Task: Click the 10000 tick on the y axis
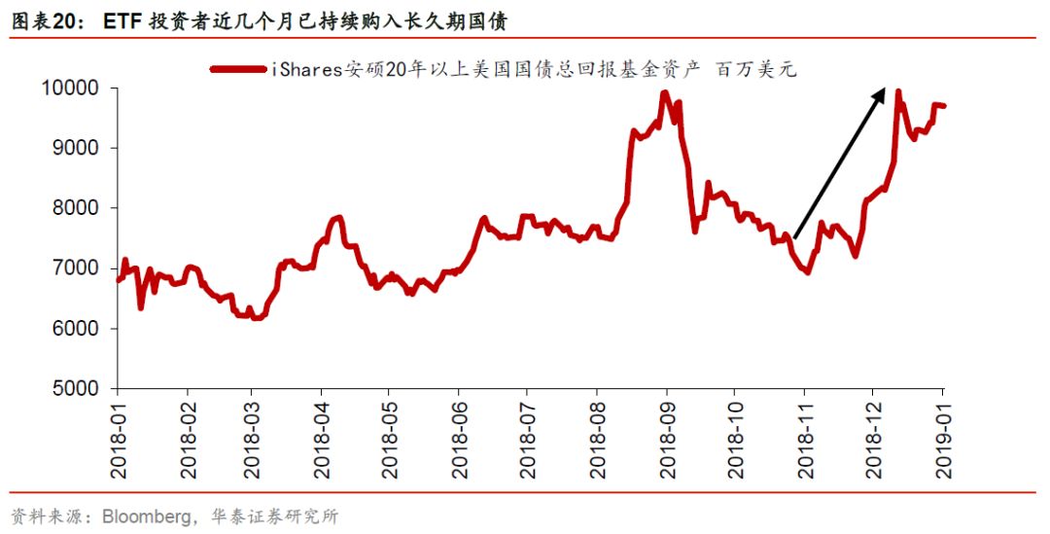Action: pos(71,89)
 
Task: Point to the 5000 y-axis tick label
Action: pos(76,388)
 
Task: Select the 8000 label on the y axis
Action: pos(76,208)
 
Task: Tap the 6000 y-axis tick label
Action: pos(76,329)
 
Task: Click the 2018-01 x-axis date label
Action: pos(120,438)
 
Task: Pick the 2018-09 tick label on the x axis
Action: pos(667,438)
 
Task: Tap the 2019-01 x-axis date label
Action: pos(942,438)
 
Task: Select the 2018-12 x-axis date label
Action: pos(874,438)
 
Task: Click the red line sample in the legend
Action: pos(237,68)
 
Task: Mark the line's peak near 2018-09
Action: pos(665,93)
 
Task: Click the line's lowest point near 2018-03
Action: pos(256,317)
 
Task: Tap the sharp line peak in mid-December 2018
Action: pos(897,92)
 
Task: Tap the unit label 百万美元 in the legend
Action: pos(755,68)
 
